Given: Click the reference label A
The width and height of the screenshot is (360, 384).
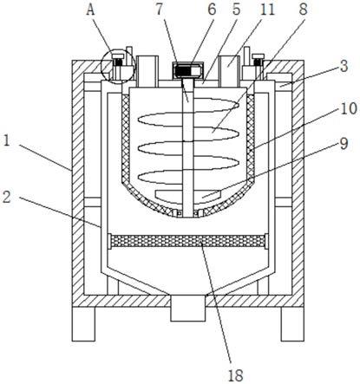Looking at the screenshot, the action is pyautogui.click(x=90, y=10).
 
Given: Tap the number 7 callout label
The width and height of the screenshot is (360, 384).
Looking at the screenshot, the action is pyautogui.click(x=160, y=10).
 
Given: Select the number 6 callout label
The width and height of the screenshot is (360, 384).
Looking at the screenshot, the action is pyautogui.click(x=212, y=10).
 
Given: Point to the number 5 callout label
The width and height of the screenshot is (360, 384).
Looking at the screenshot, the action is pyautogui.click(x=236, y=10).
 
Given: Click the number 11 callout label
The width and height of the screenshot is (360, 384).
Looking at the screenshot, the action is pyautogui.click(x=267, y=10).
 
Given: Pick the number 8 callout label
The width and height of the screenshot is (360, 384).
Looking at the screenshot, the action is pyautogui.click(x=303, y=10).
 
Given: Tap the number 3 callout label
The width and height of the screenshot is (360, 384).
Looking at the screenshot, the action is pyautogui.click(x=344, y=66).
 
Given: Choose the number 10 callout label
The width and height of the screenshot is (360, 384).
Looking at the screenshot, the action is pyautogui.click(x=349, y=109).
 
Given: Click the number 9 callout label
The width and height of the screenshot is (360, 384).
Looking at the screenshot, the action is pyautogui.click(x=344, y=144).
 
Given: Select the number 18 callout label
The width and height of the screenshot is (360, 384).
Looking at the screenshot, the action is pyautogui.click(x=236, y=376).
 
